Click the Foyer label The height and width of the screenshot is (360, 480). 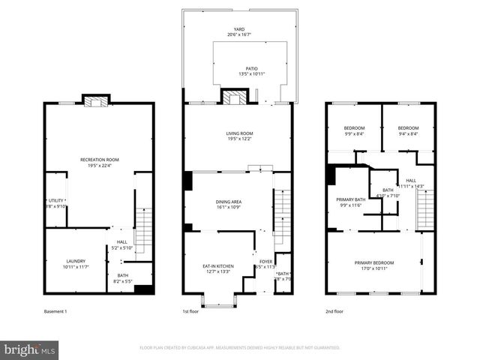pos(266,263)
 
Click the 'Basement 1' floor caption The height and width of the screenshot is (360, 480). pos(55,310)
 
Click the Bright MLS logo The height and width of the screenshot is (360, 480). pos(29,349)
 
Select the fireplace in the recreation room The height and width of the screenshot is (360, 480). pos(96,101)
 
